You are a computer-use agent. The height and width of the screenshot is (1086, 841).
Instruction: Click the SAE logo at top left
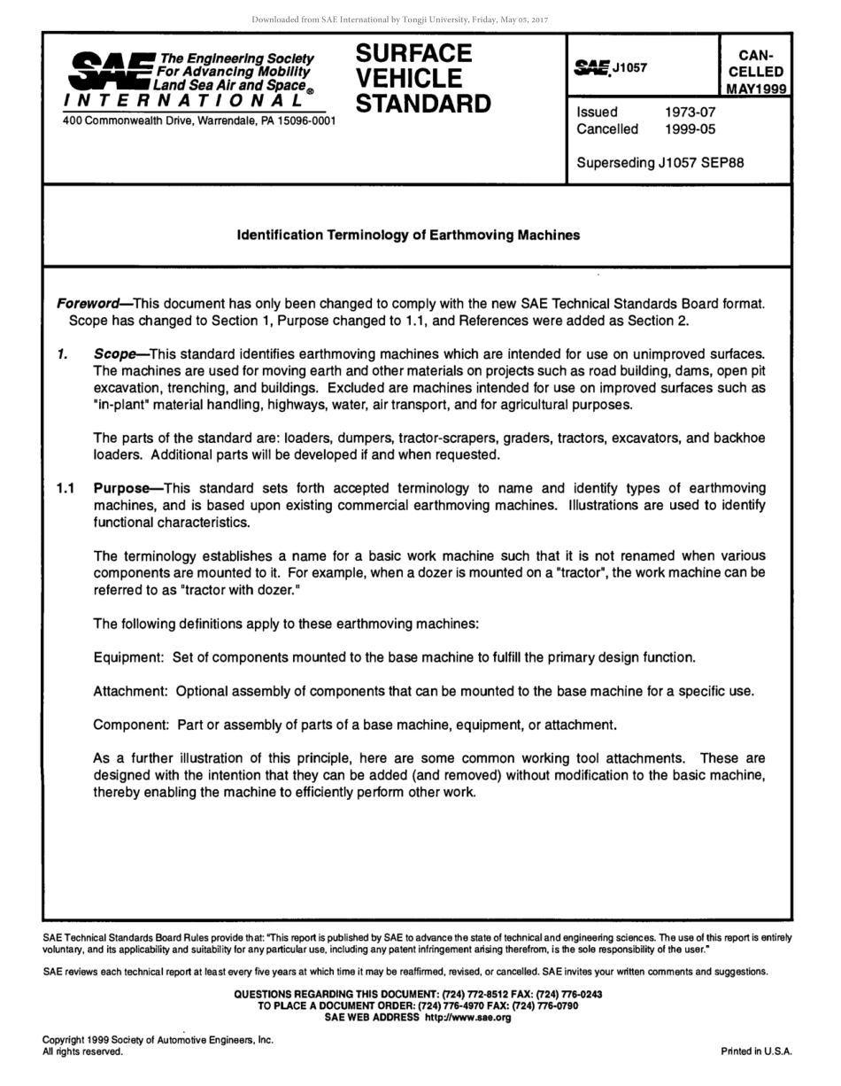click(111, 70)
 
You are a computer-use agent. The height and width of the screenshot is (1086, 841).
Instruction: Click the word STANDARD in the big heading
click(422, 104)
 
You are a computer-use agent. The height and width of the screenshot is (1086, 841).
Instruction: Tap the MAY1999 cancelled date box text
click(757, 89)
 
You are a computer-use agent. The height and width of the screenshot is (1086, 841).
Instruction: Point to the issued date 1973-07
click(690, 112)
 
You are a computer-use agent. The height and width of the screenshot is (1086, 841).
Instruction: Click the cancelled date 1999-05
click(690, 129)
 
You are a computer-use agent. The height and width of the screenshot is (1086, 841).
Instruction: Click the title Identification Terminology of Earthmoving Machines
click(408, 235)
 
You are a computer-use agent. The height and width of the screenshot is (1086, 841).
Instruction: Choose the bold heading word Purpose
click(121, 488)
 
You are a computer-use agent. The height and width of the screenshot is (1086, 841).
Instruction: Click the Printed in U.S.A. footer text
click(756, 1051)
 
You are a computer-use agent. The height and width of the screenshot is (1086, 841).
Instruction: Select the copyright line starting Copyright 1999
click(158, 1040)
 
